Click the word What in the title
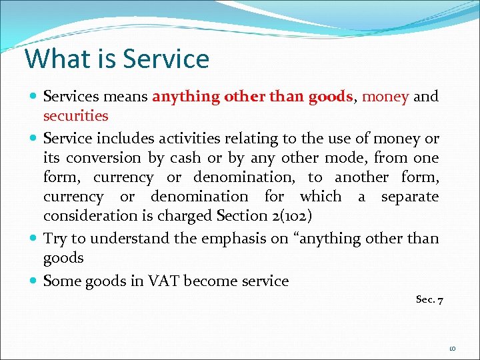55,59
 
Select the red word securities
75,116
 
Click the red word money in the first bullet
385,97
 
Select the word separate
410,197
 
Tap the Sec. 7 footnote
430,300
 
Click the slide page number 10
452,348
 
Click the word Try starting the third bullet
56,238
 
